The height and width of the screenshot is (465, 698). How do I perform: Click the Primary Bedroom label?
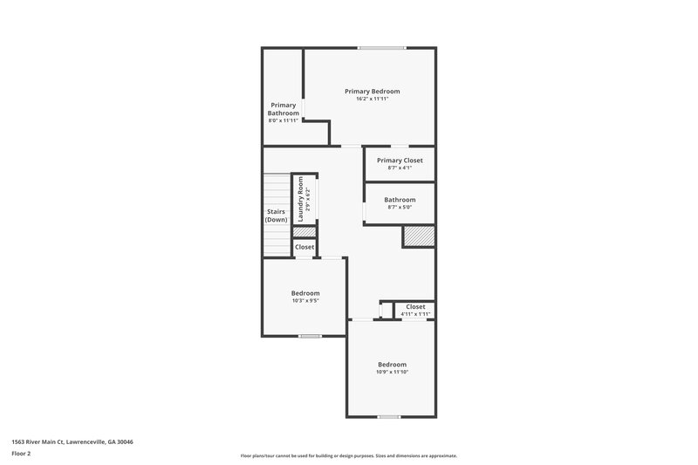(x=372, y=91)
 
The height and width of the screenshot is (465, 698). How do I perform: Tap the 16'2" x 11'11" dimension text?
(x=372, y=99)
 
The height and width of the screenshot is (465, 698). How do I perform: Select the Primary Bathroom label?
(x=284, y=109)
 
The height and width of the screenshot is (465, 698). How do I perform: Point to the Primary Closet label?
(x=400, y=161)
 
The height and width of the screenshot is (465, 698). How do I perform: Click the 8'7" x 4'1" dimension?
(x=400, y=168)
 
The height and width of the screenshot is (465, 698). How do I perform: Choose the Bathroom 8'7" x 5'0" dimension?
(x=400, y=208)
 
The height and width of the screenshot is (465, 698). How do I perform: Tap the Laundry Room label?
(x=300, y=199)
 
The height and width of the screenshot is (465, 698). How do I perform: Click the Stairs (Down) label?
(x=277, y=215)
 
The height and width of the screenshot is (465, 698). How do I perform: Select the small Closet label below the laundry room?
(x=305, y=247)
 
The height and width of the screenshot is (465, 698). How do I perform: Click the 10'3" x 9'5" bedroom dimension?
(x=305, y=301)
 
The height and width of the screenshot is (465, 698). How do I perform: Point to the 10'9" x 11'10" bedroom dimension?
(x=393, y=372)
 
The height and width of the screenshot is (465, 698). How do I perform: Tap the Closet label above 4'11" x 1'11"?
(x=415, y=306)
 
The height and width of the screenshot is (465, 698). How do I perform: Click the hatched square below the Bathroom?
(x=418, y=236)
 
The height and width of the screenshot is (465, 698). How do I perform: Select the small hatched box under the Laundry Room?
(x=304, y=232)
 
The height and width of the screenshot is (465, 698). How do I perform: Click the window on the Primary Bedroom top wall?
(x=381, y=47)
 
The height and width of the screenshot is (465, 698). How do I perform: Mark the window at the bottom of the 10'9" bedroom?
(x=389, y=416)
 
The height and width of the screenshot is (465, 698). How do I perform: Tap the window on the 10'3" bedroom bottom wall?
(x=310, y=336)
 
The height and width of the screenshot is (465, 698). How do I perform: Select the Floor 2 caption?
(x=22, y=454)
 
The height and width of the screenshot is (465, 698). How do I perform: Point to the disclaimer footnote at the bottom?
(x=349, y=455)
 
